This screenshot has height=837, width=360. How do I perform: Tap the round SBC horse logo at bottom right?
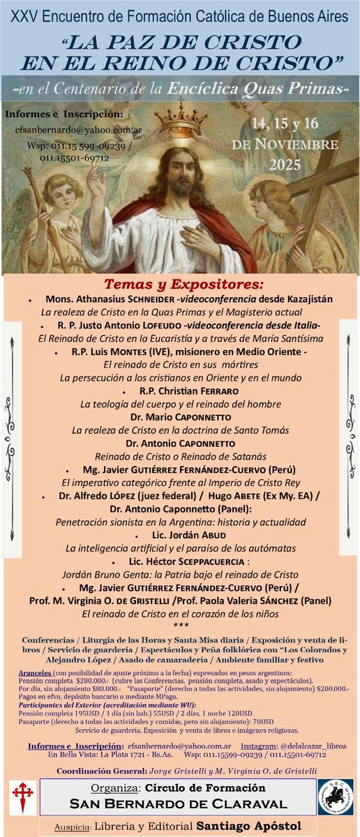[338, 797]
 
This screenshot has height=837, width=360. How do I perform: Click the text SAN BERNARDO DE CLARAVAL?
[180, 804]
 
